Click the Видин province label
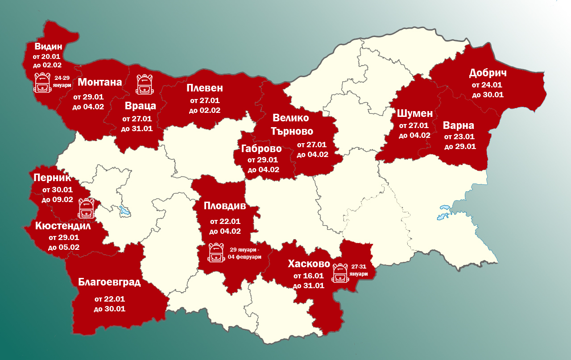tap(48, 46)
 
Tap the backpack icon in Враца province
tap(144, 84)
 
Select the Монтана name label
tap(100, 82)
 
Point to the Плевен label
tap(205, 87)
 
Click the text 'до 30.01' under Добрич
tap(488, 95)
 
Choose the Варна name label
tap(459, 125)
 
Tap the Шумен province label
tap(415, 113)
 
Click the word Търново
tap(292, 131)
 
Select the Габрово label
tap(261, 149)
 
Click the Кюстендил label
tap(63, 226)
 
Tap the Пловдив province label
tap(225, 206)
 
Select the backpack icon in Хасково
tap(340, 273)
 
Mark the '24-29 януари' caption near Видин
tap(62, 81)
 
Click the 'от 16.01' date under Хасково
tap(308, 276)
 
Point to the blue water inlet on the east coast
tap(445, 213)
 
